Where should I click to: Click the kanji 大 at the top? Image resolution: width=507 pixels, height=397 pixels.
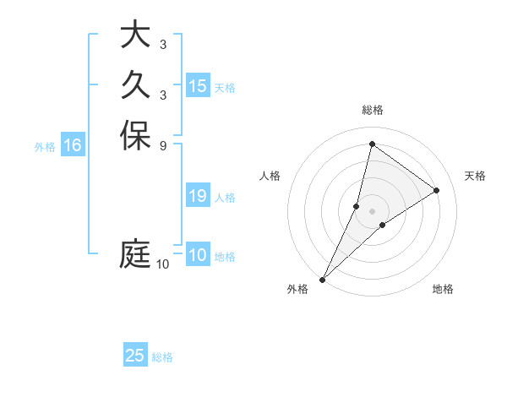(135, 36)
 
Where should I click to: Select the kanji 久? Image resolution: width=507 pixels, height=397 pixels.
(135, 85)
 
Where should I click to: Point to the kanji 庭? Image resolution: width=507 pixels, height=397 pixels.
(135, 254)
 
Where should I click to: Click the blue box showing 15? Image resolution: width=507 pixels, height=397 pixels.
(198, 86)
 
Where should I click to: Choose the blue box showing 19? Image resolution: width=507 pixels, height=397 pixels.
(198, 196)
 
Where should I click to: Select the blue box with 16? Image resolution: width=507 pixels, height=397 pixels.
(73, 145)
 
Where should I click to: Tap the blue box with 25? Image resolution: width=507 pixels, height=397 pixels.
(135, 356)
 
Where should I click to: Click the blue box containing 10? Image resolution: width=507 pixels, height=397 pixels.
(198, 255)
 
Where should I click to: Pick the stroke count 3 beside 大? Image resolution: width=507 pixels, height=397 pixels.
(162, 45)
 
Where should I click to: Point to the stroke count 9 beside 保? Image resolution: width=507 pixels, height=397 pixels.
(162, 144)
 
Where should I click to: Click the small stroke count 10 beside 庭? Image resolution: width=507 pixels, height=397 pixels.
(163, 264)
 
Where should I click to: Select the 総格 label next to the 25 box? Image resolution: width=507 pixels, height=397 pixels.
(162, 357)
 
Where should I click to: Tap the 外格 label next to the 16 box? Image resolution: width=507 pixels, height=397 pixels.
(45, 147)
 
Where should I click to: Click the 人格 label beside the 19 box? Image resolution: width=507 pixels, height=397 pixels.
(225, 198)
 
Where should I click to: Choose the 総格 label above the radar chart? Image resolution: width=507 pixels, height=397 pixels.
(372, 110)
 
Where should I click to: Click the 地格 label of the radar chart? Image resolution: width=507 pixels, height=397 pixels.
(443, 290)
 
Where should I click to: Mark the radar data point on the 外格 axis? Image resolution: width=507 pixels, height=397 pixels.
(323, 279)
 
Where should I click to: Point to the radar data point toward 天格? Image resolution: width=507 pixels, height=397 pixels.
(437, 190)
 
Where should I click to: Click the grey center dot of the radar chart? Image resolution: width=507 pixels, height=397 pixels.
(372, 211)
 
